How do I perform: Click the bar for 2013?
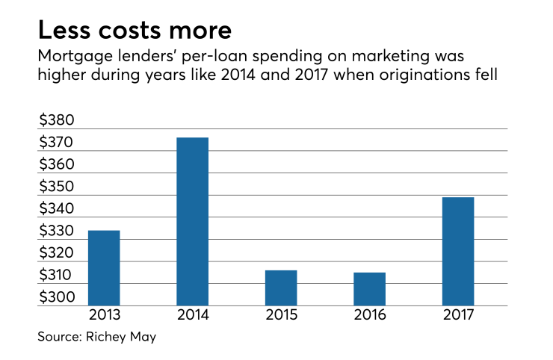coord(104,268)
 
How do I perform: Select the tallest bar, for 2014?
coord(192,222)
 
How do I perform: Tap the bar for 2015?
coord(281,288)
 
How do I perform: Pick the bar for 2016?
coord(369,289)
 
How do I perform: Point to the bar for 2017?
coord(457,251)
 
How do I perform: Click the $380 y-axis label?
coord(56,120)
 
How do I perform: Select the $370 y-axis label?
coord(56,143)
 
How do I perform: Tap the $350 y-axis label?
coord(56,187)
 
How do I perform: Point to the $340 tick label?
coord(56,209)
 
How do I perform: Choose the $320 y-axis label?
coord(56,253)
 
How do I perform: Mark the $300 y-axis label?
coord(56,297)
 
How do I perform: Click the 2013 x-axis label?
coord(104,314)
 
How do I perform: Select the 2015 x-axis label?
coord(281,314)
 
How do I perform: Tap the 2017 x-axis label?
coord(457,314)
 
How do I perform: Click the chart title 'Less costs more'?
coord(135,31)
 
